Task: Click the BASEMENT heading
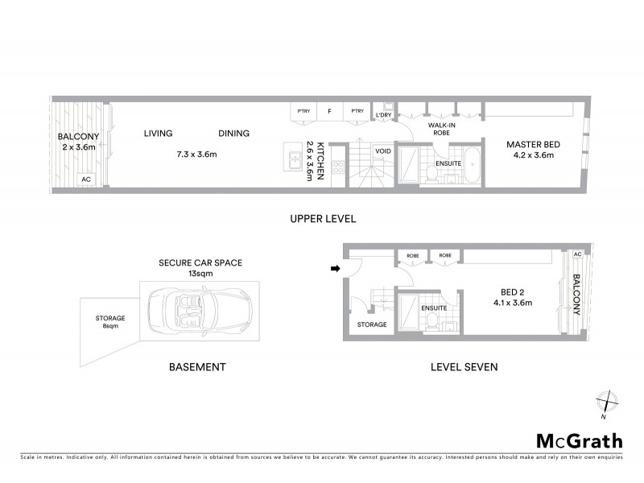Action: pyautogui.click(x=197, y=367)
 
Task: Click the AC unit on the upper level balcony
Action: pyautogui.click(x=86, y=180)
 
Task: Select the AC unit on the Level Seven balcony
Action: pyautogui.click(x=576, y=254)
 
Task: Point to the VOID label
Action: pyautogui.click(x=383, y=151)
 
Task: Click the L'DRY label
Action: pyautogui.click(x=383, y=116)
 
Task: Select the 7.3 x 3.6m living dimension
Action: pyautogui.click(x=197, y=154)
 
